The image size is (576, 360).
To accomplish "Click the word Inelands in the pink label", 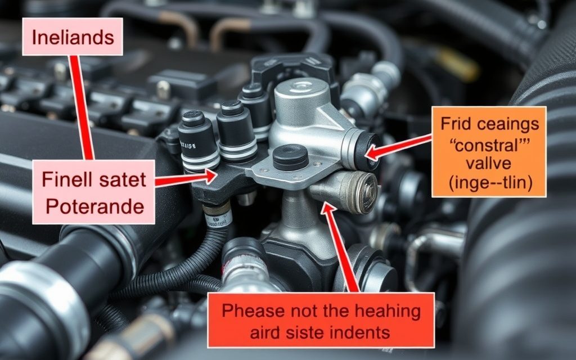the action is click(73, 38).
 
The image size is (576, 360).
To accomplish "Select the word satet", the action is click(123, 179).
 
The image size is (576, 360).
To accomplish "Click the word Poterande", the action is click(94, 207).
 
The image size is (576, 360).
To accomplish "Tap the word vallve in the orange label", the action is click(489, 163).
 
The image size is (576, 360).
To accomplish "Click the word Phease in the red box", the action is click(253, 311).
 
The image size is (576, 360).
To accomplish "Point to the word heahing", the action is click(389, 311).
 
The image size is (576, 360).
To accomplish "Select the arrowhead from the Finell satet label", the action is click(210, 176).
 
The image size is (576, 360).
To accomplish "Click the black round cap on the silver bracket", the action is click(291, 157).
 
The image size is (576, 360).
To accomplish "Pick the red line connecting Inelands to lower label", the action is click(82, 107).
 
